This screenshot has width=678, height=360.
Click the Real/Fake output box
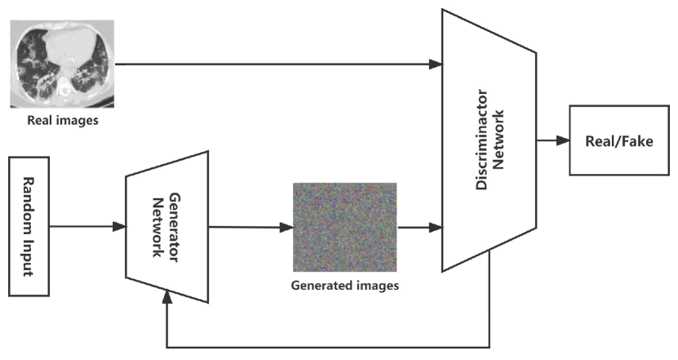(x=618, y=140)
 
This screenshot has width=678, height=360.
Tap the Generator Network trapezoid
(x=166, y=225)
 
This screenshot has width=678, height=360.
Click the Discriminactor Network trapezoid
(x=488, y=140)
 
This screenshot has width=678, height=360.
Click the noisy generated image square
(x=344, y=226)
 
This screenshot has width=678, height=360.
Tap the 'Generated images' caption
(x=344, y=286)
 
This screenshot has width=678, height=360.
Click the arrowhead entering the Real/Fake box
(x=562, y=140)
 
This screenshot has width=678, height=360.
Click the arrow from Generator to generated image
(x=249, y=226)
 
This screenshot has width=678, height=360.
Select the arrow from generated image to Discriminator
(x=418, y=226)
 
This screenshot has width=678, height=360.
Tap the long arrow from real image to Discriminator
(x=277, y=64)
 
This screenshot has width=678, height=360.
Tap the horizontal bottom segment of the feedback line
(x=326, y=346)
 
